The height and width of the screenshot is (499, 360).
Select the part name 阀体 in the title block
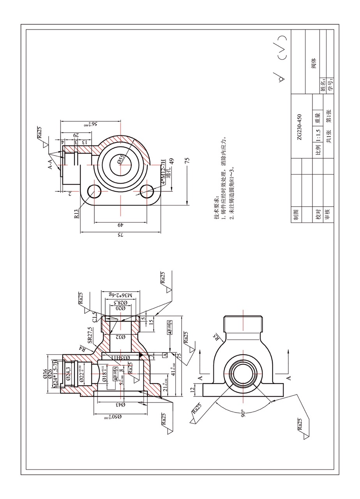[314, 63]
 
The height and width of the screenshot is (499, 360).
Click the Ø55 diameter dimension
[121, 159]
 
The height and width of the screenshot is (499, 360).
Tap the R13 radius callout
[76, 214]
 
